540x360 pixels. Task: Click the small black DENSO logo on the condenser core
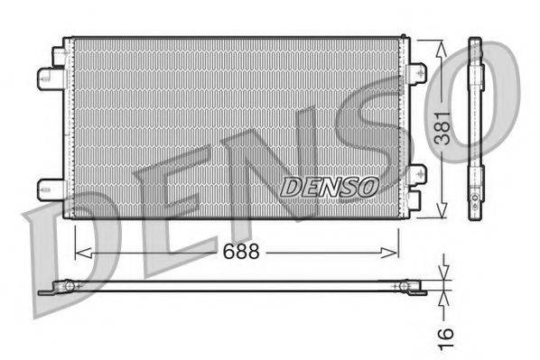pos(329,187)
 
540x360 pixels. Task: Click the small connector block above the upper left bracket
pos(61,53)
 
